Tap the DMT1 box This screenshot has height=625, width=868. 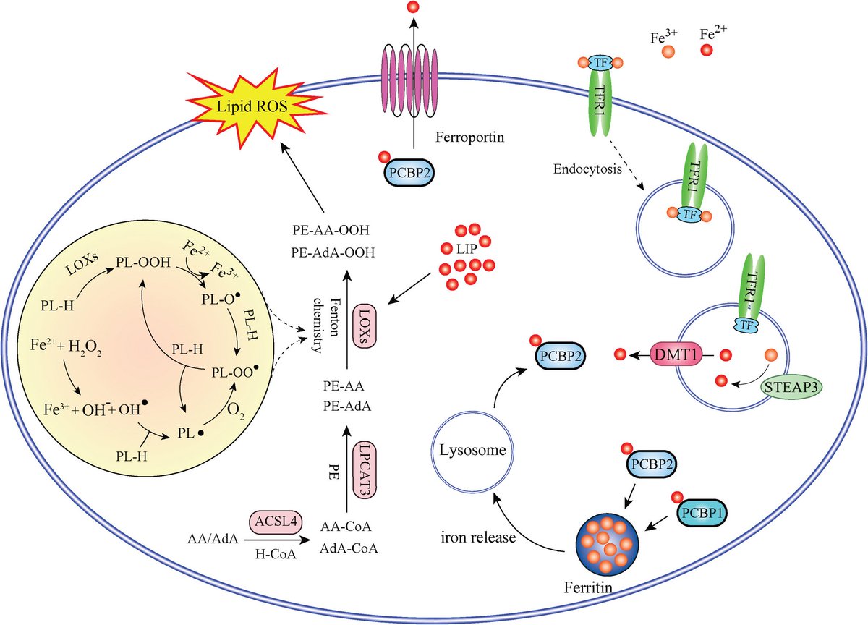[677, 355]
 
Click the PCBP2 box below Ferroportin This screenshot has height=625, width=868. [407, 173]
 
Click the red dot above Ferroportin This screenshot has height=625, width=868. [412, 9]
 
